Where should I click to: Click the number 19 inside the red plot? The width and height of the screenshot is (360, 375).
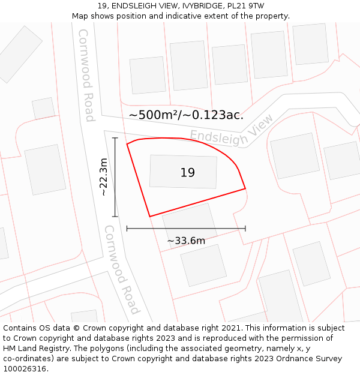click(187, 173)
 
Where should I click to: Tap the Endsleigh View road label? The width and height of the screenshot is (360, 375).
click(232, 131)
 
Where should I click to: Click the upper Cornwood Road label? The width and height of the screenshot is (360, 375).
click(86, 75)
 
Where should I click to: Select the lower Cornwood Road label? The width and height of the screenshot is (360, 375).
click(122, 269)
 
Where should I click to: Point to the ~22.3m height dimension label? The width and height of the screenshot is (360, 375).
click(104, 177)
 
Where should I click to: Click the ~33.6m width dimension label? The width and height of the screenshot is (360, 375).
click(186, 241)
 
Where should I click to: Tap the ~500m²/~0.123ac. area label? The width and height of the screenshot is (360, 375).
click(186, 115)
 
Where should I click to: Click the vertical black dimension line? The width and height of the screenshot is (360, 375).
click(115, 177)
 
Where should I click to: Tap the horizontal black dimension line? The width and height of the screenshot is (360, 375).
click(186, 229)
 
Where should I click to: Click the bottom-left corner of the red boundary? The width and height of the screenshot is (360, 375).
click(149, 216)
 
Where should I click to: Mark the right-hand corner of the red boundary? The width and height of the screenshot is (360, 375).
click(245, 189)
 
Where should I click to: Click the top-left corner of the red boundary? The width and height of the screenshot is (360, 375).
click(127, 144)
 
